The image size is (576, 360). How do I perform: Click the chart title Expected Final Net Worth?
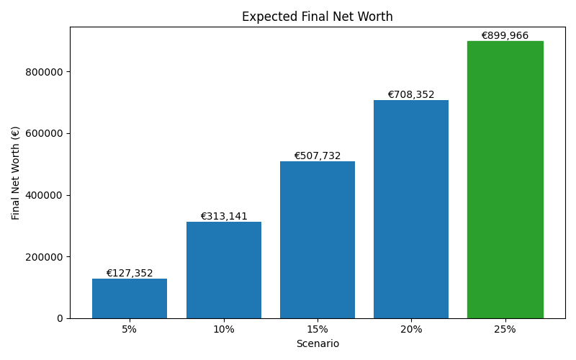coord(317,17)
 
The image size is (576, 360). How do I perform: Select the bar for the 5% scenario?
coord(130,298)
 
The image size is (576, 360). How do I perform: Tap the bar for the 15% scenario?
coord(317,240)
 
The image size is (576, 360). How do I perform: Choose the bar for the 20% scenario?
coord(411,209)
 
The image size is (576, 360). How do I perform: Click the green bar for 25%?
coord(505,180)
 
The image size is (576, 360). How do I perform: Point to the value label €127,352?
coord(130,274)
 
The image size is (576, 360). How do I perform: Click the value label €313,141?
coord(223,217)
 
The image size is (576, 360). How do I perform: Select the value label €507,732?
coord(317,156)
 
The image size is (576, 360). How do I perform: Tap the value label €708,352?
coord(411,95)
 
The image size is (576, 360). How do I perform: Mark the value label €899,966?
coord(505,36)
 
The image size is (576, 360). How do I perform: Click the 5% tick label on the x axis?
coord(130,329)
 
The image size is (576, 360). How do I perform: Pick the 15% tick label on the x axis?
coord(317,329)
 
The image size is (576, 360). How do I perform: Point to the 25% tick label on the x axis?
coord(505,329)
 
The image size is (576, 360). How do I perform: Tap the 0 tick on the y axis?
coord(60,318)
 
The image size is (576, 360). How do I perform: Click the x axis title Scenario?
coord(317,344)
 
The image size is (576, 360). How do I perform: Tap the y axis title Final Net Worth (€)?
coord(16,173)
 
